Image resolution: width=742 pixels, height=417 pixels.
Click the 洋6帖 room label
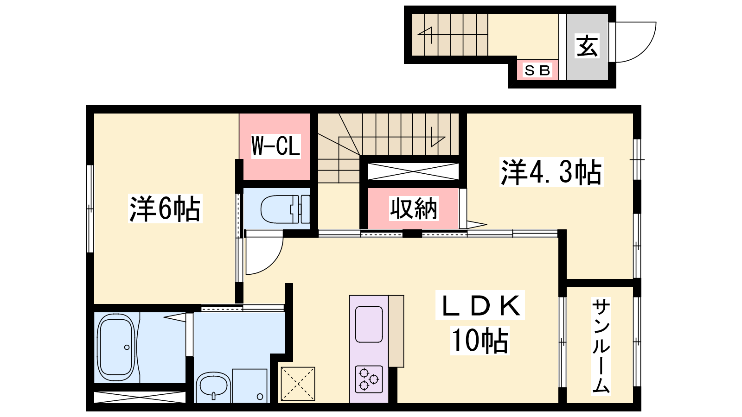point(165,209)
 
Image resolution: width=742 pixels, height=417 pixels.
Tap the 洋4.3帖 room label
point(551,172)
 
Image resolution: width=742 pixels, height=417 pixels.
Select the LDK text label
point(480,305)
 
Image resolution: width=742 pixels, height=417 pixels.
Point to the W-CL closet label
point(275,146)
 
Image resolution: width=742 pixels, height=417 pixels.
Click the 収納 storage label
point(413,208)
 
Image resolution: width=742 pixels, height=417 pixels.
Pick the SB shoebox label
point(537,70)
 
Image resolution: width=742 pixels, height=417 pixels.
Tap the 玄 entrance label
point(587,46)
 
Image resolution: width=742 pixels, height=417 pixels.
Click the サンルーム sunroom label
point(601,346)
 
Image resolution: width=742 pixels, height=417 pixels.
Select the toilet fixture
point(285,209)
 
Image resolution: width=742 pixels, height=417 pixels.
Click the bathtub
point(115,347)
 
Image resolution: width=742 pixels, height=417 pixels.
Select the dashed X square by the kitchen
point(298,384)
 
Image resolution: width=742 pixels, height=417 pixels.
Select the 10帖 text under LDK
point(480,341)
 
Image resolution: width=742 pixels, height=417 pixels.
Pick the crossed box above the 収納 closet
point(413,171)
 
